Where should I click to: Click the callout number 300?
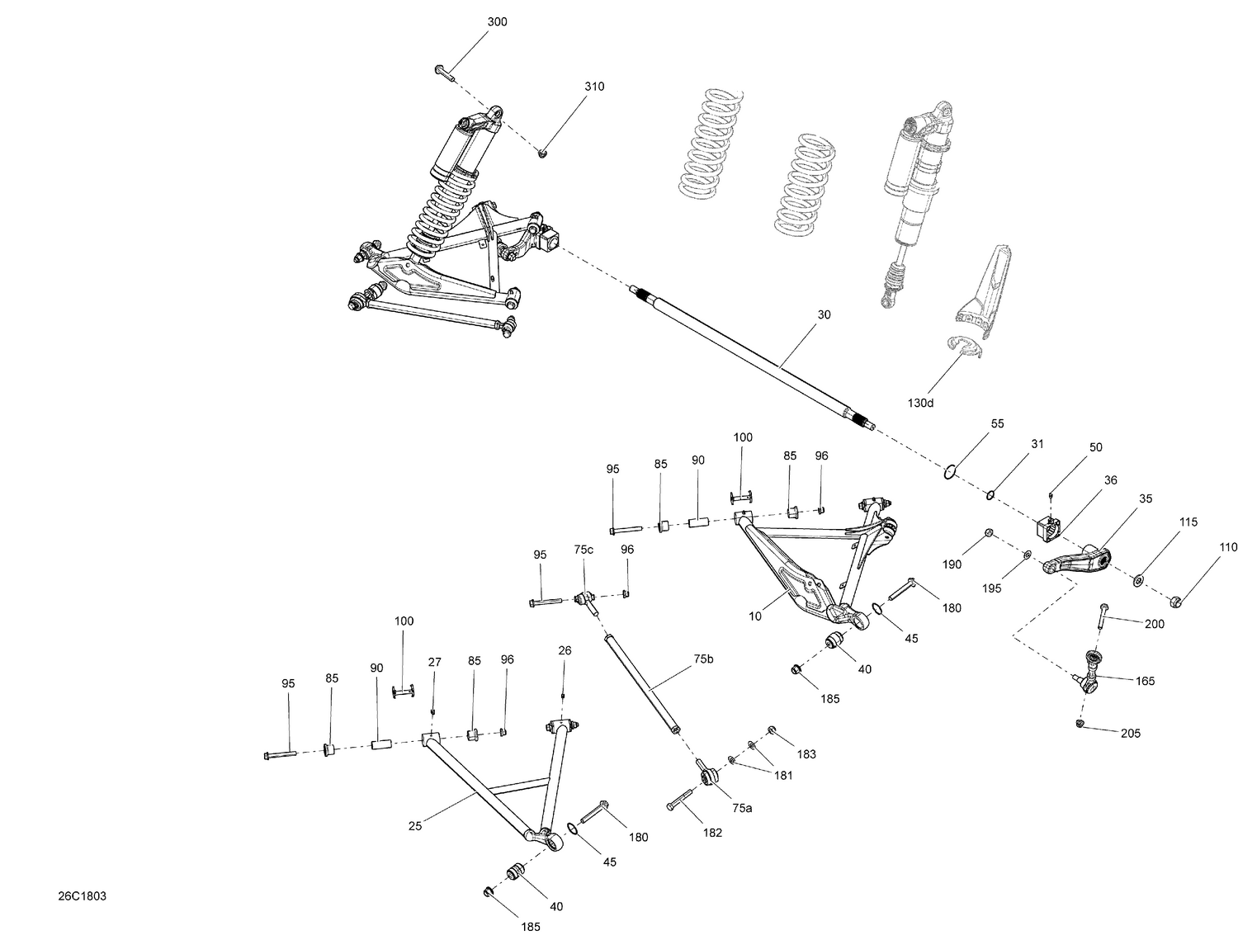[x=497, y=22]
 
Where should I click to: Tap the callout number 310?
[x=594, y=87]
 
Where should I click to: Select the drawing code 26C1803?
[x=82, y=896]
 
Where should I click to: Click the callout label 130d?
[x=921, y=403]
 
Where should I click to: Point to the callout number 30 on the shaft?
[x=824, y=315]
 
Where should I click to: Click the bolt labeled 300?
[x=444, y=72]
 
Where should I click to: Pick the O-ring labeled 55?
[x=950, y=472]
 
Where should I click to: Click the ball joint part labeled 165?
[x=1091, y=670]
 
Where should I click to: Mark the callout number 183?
[x=806, y=754]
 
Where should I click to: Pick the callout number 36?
[x=1111, y=480]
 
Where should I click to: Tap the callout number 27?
[x=435, y=662]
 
